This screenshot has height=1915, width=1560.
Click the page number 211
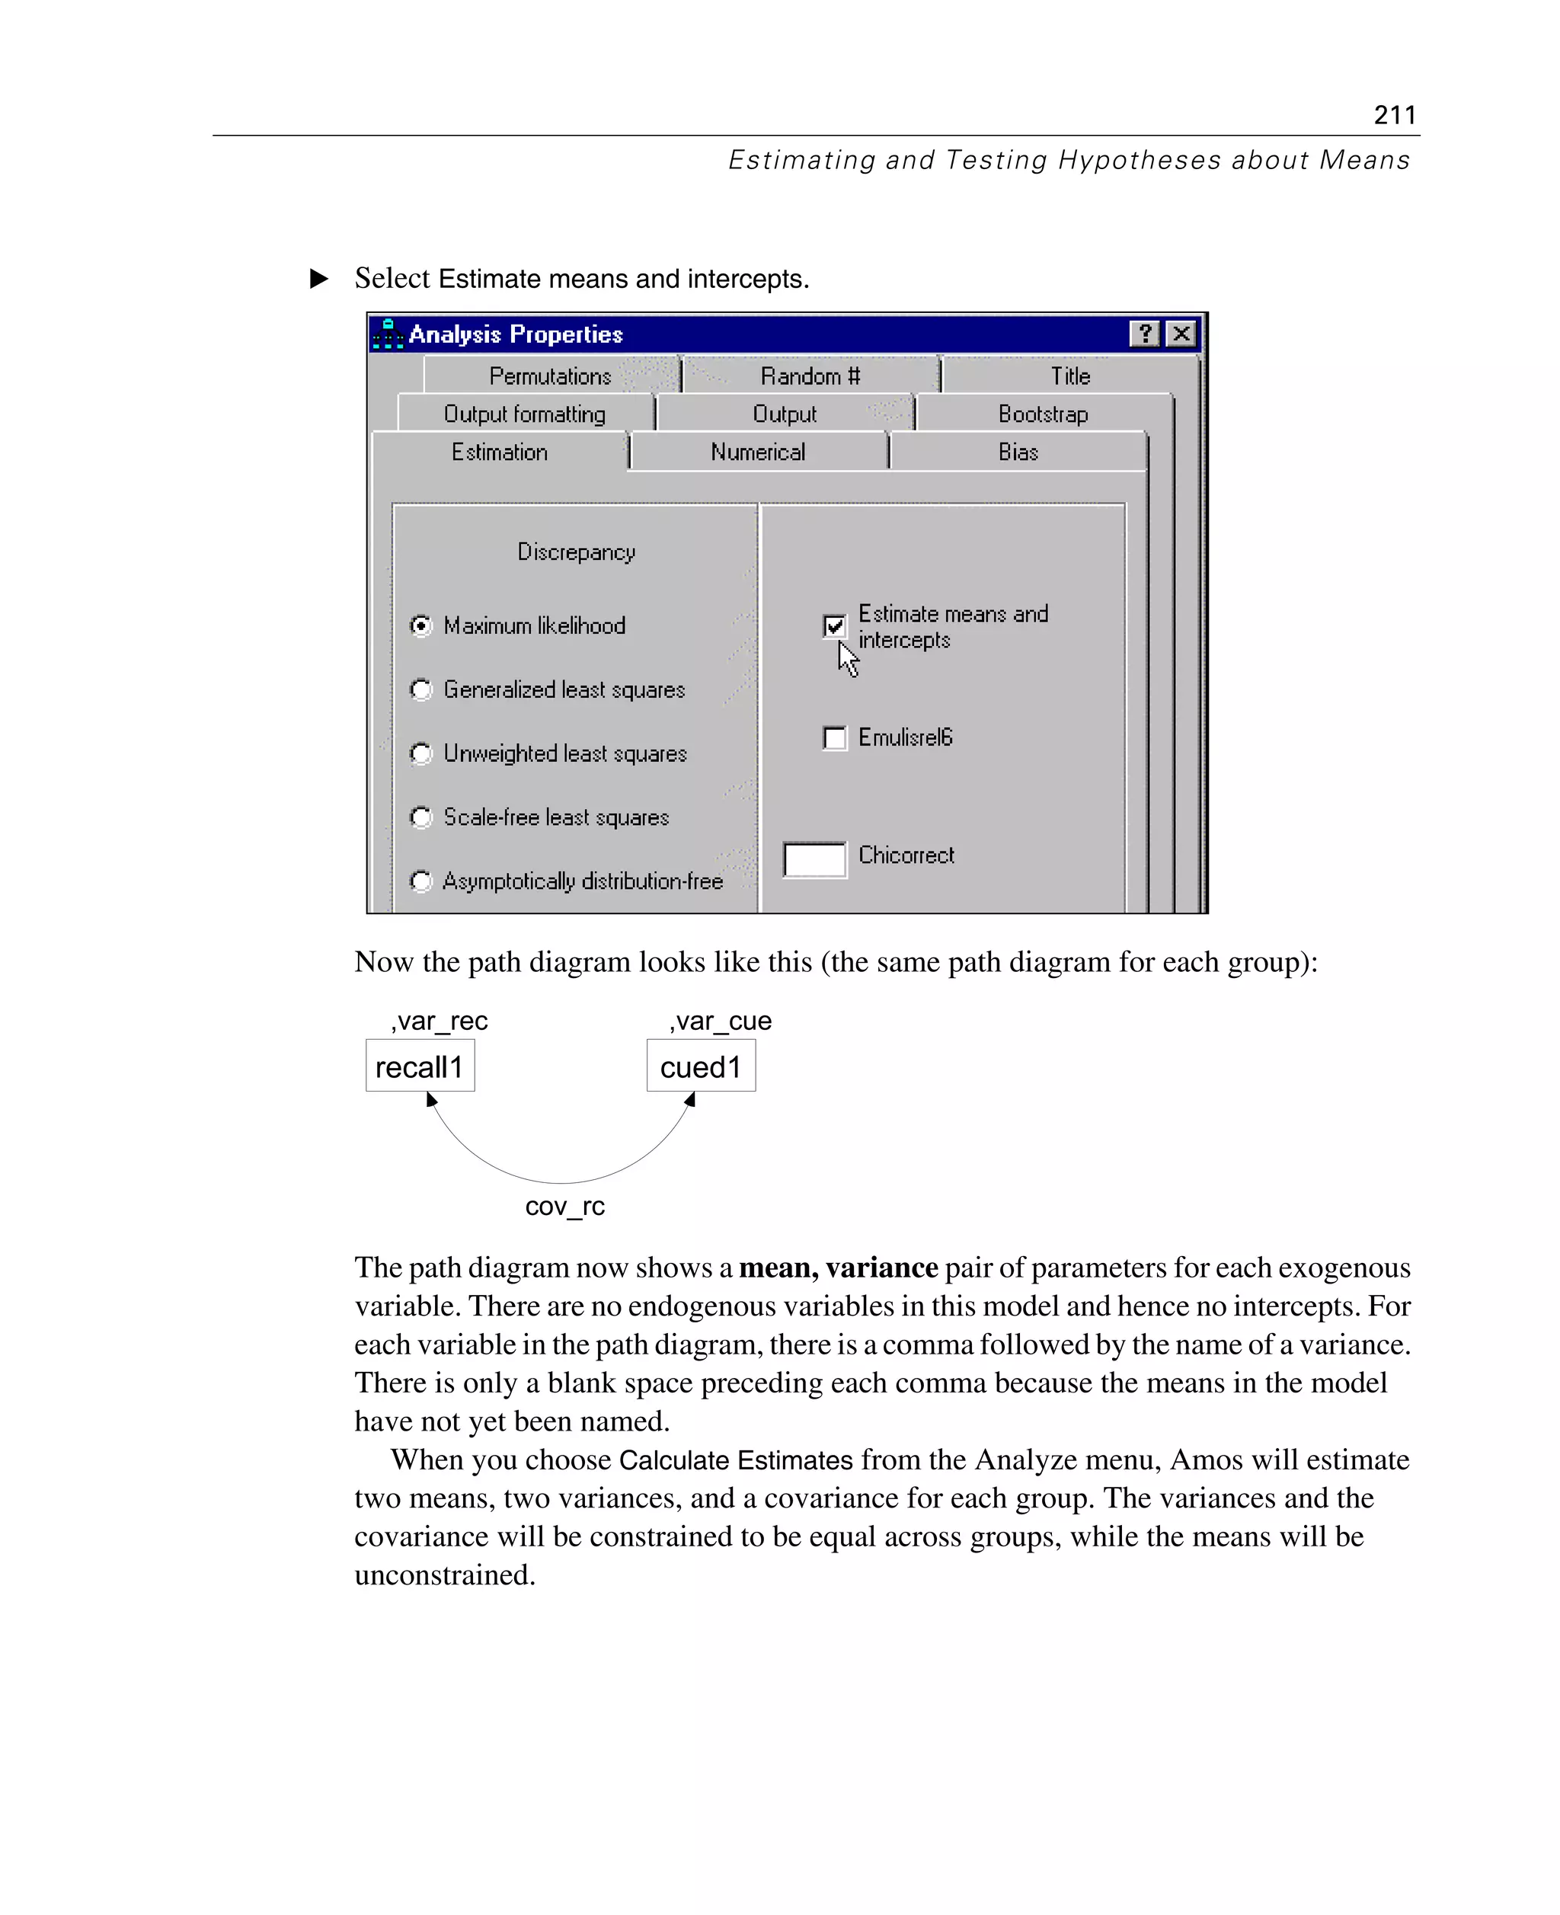1394,115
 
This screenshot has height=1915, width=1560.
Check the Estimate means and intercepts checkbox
834,625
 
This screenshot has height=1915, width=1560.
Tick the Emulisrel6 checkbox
834,738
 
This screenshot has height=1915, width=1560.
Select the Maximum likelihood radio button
420,625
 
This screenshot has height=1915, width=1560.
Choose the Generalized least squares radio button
420,689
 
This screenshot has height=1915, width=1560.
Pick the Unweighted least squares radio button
420,753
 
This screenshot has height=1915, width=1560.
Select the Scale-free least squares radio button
420,817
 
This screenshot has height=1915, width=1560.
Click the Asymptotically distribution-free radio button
420,881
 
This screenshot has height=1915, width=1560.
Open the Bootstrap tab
1042,414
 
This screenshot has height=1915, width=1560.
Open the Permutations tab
550,376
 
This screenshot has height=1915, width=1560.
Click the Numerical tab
758,452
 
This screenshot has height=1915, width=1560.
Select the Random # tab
810,376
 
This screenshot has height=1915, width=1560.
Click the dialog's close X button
1181,334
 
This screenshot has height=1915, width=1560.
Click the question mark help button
1144,334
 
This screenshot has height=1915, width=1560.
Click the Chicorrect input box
814,859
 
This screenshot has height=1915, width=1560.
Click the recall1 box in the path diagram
420,1066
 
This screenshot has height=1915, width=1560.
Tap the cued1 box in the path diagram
701,1066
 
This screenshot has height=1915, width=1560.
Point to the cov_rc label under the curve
564,1206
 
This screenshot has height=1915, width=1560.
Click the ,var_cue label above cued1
721,1021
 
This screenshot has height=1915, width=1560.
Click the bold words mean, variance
838,1267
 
